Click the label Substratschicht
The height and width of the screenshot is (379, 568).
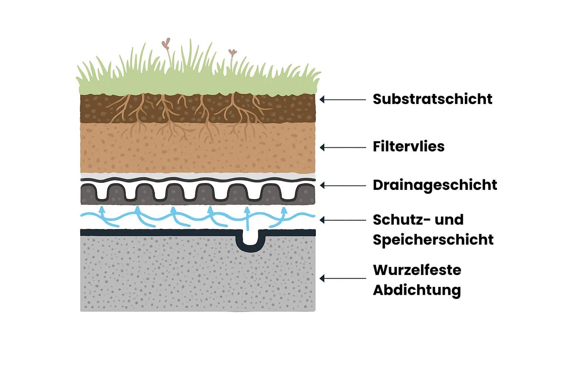tap(432, 99)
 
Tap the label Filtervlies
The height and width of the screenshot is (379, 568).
tap(408, 147)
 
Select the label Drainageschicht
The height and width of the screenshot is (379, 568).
tap(435, 185)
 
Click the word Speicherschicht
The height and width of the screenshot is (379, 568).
tap(433, 239)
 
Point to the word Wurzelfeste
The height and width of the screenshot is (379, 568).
tap(417, 270)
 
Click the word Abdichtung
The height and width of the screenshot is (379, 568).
tap(416, 290)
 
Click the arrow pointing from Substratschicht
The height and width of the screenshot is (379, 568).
tap(342, 99)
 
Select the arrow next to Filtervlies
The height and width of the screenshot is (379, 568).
tap(342, 147)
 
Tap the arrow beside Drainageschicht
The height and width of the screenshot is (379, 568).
tap(342, 185)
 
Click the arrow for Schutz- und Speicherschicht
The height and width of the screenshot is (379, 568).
tap(342, 220)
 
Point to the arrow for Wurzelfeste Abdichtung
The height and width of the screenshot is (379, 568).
tap(342, 278)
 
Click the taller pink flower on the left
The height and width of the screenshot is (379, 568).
tap(166, 44)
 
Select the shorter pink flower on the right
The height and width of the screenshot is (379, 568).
tap(232, 53)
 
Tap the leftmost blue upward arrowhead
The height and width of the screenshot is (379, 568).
tap(102, 211)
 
